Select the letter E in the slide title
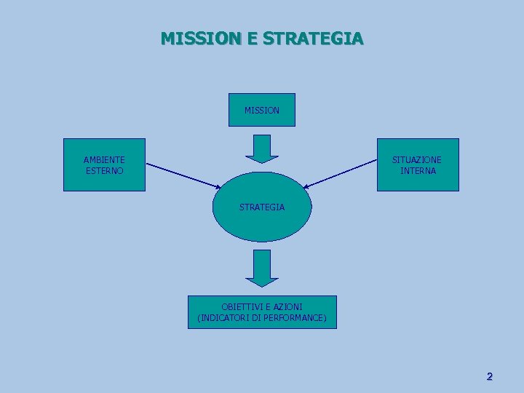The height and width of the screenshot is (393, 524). coord(252,38)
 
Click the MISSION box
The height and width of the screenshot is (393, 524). coord(262,110)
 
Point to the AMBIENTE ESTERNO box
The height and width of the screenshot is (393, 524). coord(104,164)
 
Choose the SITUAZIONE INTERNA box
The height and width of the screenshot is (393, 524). coord(418,164)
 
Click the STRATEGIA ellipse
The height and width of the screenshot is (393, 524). coord(262,207)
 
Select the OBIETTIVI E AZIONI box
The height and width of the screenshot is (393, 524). coord(262,312)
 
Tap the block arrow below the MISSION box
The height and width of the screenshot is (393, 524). coord(262,148)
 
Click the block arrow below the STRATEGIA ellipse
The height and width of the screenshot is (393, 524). coord(262,268)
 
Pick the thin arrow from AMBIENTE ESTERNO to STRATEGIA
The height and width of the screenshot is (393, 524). coord(182,175)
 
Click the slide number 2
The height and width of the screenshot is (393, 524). coord(489,376)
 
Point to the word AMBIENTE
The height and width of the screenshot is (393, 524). coord(104,159)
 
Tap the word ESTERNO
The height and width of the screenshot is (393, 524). coord(104,170)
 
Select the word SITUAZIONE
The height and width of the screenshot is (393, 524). coord(417,159)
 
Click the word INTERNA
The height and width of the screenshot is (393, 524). coord(418,170)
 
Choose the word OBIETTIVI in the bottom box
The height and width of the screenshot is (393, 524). coord(243,307)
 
